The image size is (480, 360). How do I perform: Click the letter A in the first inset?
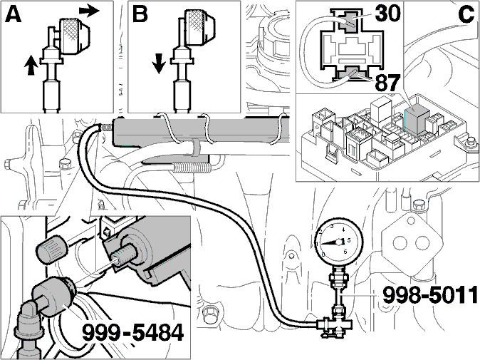click(x=13, y=15)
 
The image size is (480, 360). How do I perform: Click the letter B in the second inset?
click(x=140, y=14)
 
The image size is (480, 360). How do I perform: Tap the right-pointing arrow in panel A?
click(x=89, y=11)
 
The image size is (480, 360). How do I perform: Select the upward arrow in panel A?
click(x=31, y=65)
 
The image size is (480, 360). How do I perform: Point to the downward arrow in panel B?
click(x=159, y=63)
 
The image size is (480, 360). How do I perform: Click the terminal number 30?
click(x=387, y=14)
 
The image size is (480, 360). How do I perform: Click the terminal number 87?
click(x=387, y=83)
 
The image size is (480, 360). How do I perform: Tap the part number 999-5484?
click(x=133, y=333)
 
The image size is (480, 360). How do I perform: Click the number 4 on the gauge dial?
click(x=343, y=230)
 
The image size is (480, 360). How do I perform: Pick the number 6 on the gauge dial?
click(x=345, y=252)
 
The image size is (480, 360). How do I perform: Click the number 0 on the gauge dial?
click(x=323, y=254)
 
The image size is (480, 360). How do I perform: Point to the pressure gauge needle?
click(x=330, y=242)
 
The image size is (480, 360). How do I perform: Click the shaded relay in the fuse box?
click(x=417, y=121)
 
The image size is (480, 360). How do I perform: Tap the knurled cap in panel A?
click(x=74, y=36)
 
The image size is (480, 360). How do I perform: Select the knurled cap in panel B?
click(x=199, y=26)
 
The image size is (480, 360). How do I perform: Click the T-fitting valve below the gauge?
click(x=335, y=326)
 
